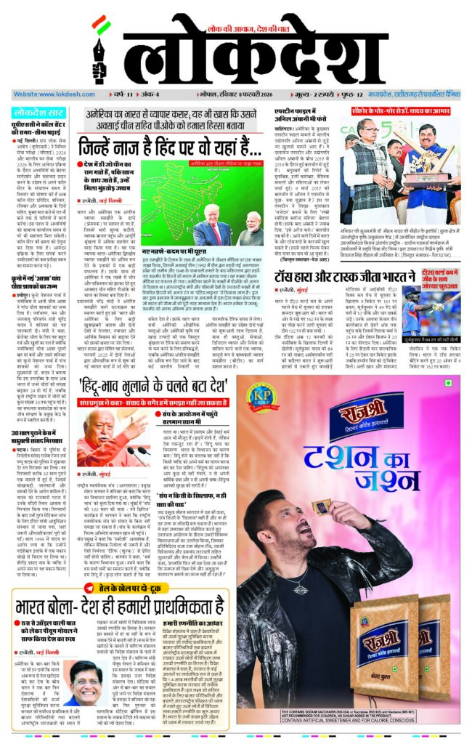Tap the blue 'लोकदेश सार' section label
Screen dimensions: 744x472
point(39,113)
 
